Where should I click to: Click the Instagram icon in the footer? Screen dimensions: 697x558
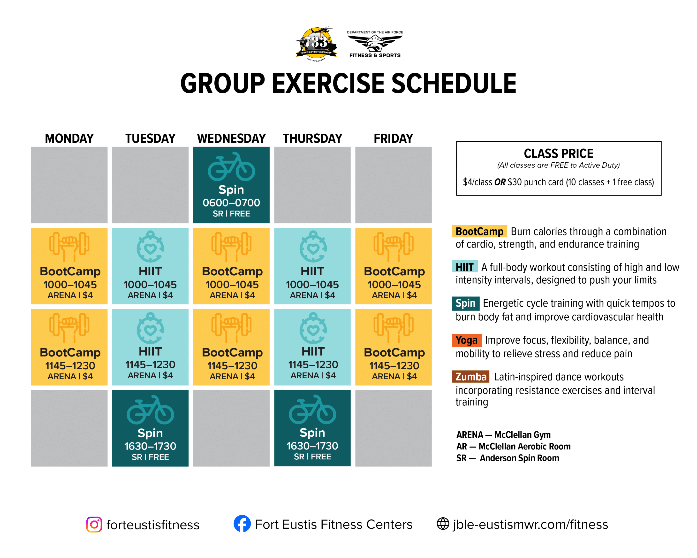tap(94, 524)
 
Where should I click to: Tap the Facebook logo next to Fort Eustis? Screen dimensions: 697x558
tap(242, 523)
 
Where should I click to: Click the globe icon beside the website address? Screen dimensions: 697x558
tap(443, 524)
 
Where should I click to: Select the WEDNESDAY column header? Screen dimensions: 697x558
tap(231, 139)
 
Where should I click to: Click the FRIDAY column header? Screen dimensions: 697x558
tap(394, 139)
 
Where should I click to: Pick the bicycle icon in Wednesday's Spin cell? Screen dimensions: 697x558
tap(231, 167)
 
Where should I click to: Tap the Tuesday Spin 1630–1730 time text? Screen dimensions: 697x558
tap(150, 446)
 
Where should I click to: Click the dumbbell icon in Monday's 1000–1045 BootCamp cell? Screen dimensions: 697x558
tap(69, 247)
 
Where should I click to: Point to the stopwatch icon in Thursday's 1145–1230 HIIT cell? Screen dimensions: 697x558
tap(313, 328)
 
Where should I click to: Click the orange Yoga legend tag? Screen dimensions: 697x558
tap(467, 340)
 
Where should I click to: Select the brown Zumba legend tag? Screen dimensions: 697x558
tap(471, 377)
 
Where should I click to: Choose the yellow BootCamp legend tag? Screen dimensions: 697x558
tap(479, 231)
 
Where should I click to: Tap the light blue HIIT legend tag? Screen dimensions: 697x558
tap(465, 267)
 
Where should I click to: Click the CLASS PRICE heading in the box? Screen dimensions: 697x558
tap(558, 153)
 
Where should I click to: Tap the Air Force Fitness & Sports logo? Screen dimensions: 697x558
tap(375, 44)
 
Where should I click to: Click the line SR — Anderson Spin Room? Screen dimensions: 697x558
tap(508, 458)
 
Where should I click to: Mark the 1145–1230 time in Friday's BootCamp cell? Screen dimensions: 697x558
tap(394, 366)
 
